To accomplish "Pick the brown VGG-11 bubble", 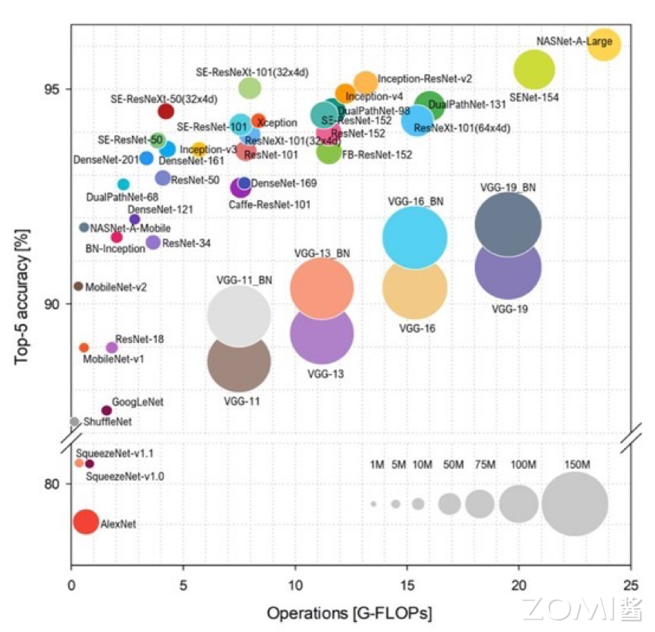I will pyautogui.click(x=239, y=362).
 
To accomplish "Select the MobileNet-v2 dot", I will pyautogui.click(x=78, y=286).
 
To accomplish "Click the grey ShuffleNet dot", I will pyautogui.click(x=75, y=421).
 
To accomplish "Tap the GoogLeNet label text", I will pyautogui.click(x=137, y=403).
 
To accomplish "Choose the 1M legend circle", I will pyautogui.click(x=373, y=504).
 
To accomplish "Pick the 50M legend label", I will pyautogui.click(x=449, y=465).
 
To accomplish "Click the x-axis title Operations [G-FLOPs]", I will pyautogui.click(x=349, y=613).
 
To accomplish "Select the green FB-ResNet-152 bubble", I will pyautogui.click(x=329, y=151).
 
